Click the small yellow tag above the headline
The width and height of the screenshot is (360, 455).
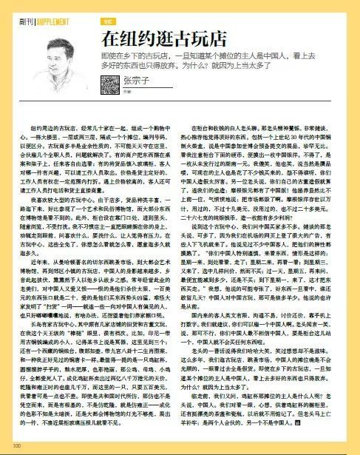(x=108, y=22)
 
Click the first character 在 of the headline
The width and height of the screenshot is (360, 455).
(x=109, y=38)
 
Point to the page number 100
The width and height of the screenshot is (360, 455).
(x=16, y=444)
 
